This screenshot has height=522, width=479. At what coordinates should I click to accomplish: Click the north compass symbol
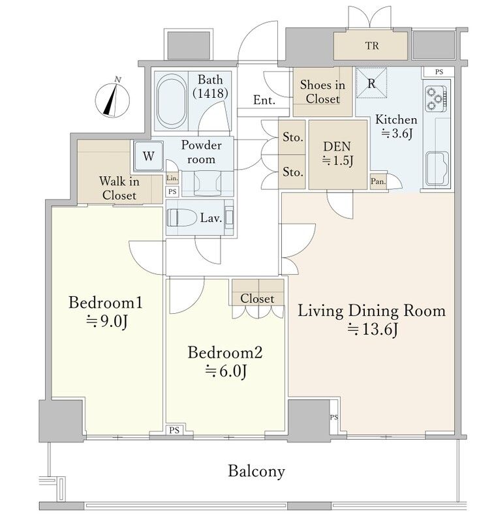click(x=112, y=99)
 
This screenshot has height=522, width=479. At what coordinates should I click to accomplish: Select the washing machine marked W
click(x=148, y=156)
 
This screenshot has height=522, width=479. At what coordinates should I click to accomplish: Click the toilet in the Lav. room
click(x=182, y=218)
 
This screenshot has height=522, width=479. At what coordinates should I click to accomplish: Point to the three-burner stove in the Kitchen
click(x=435, y=99)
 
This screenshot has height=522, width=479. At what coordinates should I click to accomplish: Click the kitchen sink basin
click(x=437, y=168)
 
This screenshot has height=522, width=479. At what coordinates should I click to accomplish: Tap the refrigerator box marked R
click(x=371, y=83)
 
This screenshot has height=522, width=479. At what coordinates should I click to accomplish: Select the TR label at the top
click(x=372, y=46)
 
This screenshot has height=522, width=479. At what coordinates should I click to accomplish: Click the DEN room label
click(x=337, y=146)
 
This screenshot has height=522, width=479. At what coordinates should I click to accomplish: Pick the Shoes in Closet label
click(x=322, y=91)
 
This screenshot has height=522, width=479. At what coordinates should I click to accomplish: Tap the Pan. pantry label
click(x=378, y=181)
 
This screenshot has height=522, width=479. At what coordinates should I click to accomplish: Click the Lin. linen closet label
click(x=172, y=178)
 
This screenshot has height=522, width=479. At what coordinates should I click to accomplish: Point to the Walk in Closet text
click(x=119, y=188)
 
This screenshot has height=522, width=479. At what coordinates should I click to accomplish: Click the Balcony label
click(x=256, y=471)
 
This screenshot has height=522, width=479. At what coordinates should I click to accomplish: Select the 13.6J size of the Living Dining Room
click(x=373, y=330)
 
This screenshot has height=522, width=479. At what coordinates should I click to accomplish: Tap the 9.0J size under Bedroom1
click(x=106, y=321)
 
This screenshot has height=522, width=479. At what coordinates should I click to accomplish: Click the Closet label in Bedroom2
click(x=257, y=298)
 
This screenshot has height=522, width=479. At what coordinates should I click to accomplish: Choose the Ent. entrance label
click(x=264, y=100)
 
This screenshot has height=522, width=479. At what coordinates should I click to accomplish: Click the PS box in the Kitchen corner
click(x=439, y=72)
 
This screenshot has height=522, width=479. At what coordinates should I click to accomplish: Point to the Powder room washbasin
click(x=208, y=183)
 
